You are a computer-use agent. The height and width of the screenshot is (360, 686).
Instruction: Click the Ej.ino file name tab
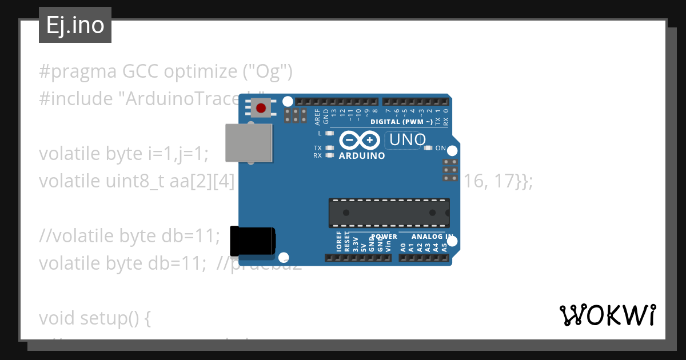click(x=75, y=26)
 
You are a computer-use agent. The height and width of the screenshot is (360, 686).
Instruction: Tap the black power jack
click(x=252, y=241)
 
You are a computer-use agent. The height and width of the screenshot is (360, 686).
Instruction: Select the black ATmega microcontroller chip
click(x=389, y=212)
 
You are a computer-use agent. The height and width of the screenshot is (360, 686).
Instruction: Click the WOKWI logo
click(x=607, y=315)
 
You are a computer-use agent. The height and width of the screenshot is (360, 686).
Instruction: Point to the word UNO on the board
click(x=406, y=139)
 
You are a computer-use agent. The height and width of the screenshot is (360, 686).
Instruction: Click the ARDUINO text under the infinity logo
click(x=362, y=155)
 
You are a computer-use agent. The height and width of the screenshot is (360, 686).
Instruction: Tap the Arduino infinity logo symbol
click(x=360, y=140)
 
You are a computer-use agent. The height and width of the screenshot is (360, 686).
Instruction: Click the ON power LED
click(x=428, y=148)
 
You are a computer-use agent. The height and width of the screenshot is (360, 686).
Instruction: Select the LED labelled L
click(x=329, y=133)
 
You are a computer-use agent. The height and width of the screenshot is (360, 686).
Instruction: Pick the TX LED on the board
click(x=329, y=148)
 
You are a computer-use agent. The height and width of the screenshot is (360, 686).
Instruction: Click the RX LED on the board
click(x=329, y=155)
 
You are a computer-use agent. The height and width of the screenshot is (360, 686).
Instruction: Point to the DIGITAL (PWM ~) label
click(x=401, y=122)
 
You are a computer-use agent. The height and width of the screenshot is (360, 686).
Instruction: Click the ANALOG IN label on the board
click(x=433, y=237)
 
